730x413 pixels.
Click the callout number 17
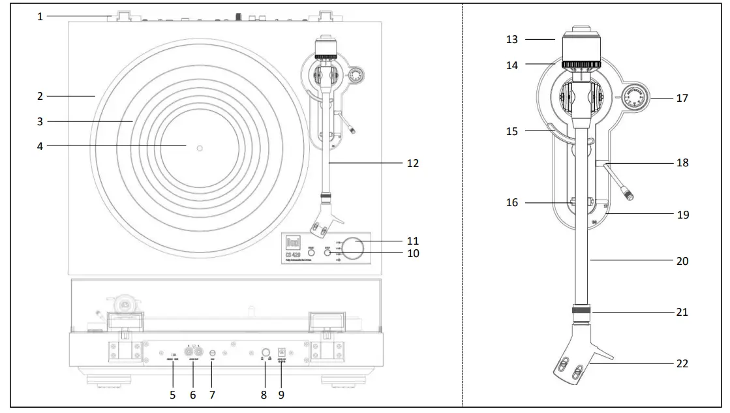(x=682, y=99)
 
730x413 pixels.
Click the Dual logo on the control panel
(x=292, y=241)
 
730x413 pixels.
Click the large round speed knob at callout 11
(x=355, y=247)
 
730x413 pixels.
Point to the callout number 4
(x=40, y=147)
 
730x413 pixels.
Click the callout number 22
(x=682, y=363)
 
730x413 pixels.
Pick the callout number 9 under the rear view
(x=282, y=395)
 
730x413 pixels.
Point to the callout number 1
(x=40, y=16)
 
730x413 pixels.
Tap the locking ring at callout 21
(x=579, y=311)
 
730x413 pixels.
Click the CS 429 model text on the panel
(x=292, y=254)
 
